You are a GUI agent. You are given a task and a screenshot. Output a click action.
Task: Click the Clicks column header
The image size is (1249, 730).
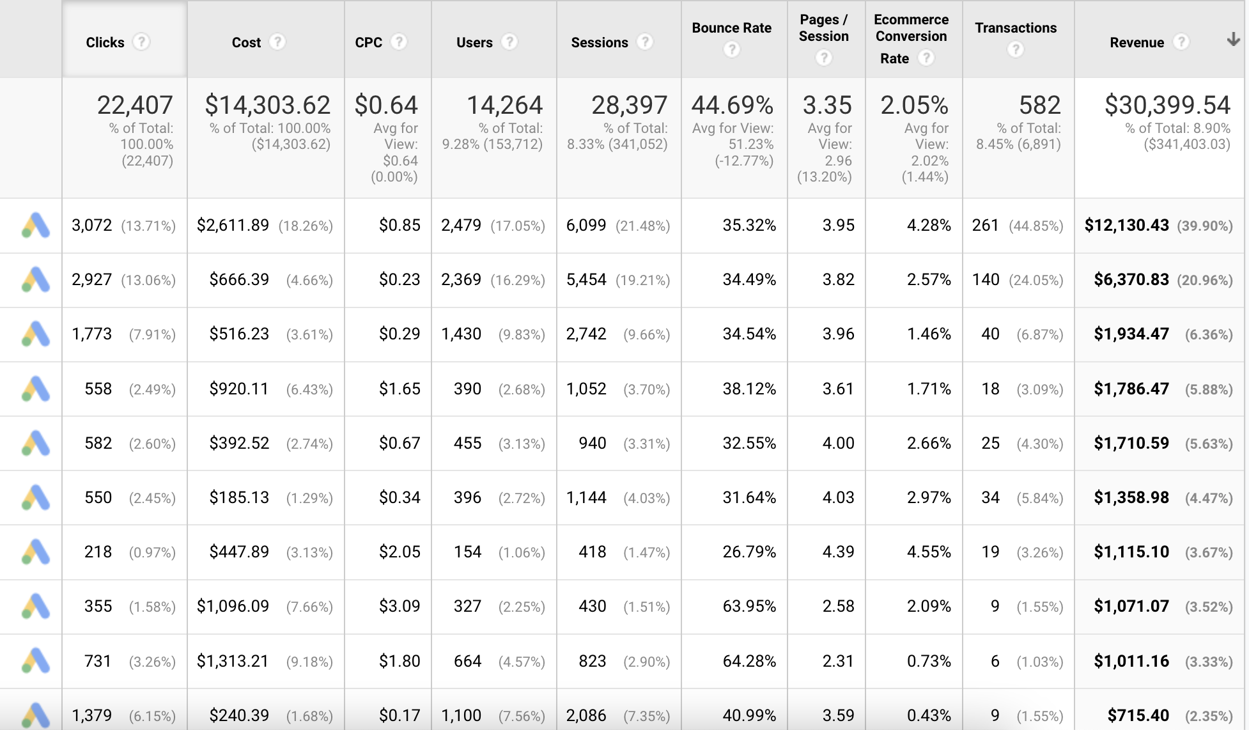105,42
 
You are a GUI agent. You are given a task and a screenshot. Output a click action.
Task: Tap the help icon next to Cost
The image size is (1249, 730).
277,42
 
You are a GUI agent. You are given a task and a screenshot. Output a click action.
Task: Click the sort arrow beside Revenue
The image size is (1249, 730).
1233,40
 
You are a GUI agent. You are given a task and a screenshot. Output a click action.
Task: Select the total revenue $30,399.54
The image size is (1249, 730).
1167,105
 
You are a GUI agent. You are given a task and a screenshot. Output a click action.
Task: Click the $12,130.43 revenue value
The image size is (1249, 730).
1126,225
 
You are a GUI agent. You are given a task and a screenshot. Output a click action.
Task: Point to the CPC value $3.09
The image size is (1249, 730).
400,606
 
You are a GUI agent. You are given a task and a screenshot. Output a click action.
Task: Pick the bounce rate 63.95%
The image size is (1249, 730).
749,606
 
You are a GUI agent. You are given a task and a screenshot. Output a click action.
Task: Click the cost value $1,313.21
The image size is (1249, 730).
233,661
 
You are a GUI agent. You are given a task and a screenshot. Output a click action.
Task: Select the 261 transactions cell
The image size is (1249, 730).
985,225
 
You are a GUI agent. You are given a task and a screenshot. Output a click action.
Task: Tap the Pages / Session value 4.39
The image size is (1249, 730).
838,552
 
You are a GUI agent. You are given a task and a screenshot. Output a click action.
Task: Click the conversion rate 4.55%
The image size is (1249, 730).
929,552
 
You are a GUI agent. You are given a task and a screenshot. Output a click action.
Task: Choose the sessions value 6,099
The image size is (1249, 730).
586,225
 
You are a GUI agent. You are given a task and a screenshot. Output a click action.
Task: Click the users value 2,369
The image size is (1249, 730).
461,279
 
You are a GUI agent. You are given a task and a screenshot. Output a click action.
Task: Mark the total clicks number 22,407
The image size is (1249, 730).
135,105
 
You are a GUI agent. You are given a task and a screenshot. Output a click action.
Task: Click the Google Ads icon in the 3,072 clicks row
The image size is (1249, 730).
36,225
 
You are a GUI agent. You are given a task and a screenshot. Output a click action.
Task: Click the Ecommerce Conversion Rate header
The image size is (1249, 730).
911,28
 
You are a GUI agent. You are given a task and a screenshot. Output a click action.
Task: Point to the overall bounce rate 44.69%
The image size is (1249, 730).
733,105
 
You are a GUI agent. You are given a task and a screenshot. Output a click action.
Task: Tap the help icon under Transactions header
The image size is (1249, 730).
1015,49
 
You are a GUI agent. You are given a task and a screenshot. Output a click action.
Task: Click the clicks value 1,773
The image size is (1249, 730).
91,334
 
